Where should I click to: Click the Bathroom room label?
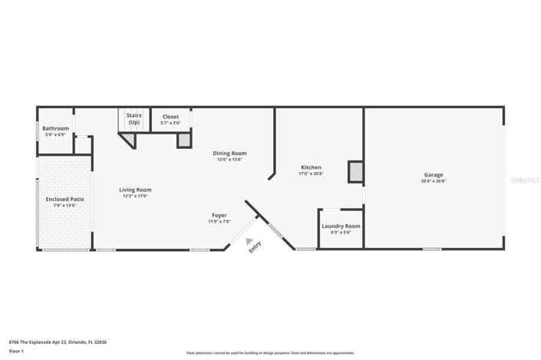pos(55,128)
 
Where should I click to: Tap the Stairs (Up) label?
pos(134,118)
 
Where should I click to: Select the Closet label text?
pos(170,117)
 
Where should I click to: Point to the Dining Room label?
pos(229,154)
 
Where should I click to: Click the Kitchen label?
pos(311,167)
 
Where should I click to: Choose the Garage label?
pos(434,174)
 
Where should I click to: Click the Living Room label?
pos(135,190)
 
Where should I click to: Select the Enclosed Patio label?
pos(65,199)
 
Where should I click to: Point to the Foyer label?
pos(219,215)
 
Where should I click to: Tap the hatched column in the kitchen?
pos(355,172)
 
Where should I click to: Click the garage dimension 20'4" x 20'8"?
pos(434,181)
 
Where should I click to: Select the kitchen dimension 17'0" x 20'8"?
pos(311,174)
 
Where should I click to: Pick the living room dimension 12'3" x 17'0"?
pos(135,197)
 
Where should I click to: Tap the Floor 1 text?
pos(17,351)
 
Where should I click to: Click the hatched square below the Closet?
pos(184,140)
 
